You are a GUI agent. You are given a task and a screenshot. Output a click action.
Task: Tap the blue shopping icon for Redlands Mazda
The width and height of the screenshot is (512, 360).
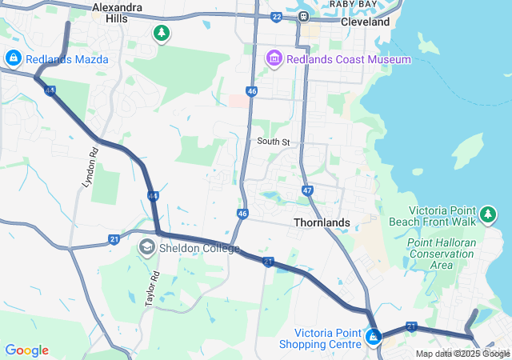point(13,58)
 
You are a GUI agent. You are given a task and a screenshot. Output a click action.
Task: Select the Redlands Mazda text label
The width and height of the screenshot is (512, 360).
point(66,59)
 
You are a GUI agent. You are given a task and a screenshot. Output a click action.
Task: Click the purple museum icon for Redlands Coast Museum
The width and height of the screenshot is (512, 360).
point(274,58)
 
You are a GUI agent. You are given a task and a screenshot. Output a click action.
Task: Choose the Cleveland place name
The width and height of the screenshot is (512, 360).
point(366,22)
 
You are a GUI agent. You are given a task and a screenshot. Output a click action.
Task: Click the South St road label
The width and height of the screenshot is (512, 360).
point(272,142)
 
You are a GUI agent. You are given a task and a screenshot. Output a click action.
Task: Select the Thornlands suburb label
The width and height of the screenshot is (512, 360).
point(322,222)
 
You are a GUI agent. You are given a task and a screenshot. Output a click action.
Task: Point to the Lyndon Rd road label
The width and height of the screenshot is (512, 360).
point(90,168)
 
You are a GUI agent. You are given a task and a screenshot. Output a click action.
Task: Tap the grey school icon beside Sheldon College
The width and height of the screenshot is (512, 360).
point(146,247)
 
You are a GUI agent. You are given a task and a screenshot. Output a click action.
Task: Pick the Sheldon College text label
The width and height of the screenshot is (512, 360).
point(199,248)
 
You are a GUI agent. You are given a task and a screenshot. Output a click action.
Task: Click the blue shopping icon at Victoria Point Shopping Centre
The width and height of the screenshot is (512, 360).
point(373,338)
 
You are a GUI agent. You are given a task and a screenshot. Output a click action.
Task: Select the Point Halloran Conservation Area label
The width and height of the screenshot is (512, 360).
point(442,254)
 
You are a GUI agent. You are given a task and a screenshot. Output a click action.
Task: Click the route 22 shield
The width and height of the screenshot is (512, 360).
point(277,16)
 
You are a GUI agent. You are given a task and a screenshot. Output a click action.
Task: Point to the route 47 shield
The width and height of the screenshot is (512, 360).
point(308,190)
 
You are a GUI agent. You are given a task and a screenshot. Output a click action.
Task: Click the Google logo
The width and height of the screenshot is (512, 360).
point(26,350)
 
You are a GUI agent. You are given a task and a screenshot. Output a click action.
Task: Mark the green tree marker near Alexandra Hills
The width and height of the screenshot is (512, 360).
point(162,33)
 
